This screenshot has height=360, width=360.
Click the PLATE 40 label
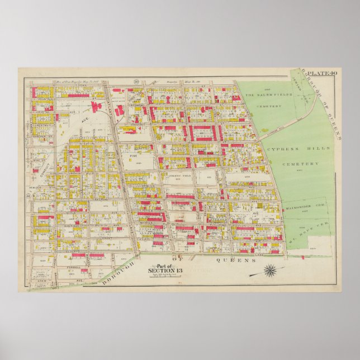(324, 73)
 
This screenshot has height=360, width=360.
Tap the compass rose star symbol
(271, 271)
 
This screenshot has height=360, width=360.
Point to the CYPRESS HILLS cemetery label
(298, 148)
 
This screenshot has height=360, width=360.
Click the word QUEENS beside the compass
(230, 260)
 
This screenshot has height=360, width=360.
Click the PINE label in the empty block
(133, 158)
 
